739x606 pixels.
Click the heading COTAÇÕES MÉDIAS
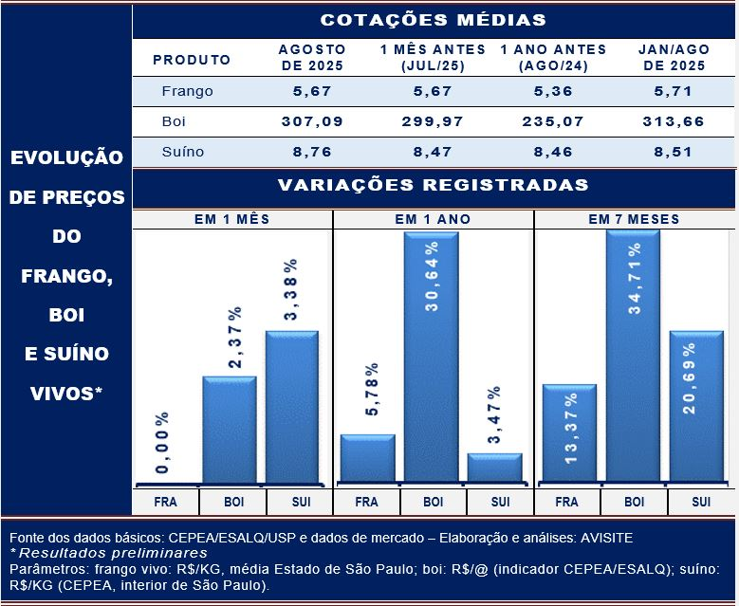pos(433,20)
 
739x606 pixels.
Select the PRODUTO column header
pos(192,60)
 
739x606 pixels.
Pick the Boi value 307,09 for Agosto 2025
pos(312,121)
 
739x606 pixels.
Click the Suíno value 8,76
pos(312,152)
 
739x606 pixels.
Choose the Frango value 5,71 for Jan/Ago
pos(674,92)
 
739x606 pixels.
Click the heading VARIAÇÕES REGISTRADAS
pos(433,185)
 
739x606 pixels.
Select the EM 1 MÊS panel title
pos(231,219)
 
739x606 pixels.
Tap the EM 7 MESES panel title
pos(634,219)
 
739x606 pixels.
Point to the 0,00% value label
pos(162,443)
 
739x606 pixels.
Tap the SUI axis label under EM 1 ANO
pos(500,502)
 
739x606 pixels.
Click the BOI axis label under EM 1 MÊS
pos(231,502)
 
